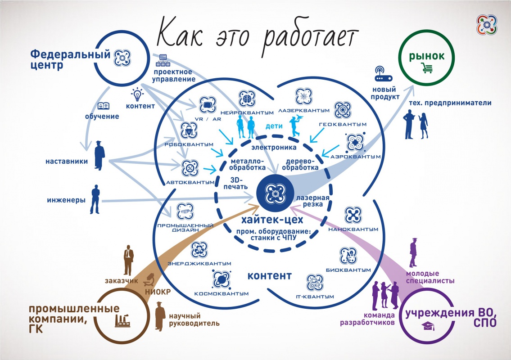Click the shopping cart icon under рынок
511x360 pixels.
426,68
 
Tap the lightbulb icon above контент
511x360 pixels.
136,95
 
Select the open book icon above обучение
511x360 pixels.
102,107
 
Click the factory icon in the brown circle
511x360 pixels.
122,321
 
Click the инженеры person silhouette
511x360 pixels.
95,199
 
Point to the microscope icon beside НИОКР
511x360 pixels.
148,282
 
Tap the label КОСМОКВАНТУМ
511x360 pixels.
222,293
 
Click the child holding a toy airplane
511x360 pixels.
295,124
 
